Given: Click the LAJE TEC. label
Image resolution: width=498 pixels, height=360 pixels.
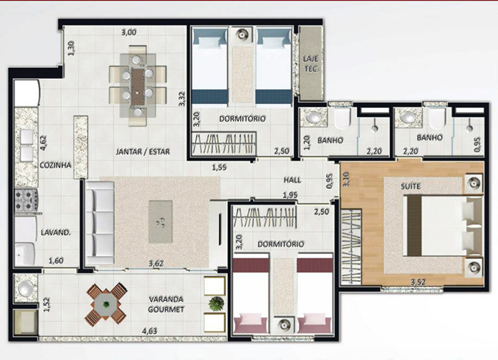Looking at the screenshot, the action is coord(311,64).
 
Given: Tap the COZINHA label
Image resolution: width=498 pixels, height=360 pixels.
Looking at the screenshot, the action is coord(55,165).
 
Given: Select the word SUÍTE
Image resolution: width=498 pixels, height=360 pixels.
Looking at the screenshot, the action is coord(410,186).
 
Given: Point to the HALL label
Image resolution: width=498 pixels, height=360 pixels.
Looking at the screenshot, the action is coord(292,180).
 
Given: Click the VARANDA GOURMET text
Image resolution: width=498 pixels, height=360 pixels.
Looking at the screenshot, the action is coord(166,305).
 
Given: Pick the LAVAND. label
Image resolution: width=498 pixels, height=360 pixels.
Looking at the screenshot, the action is coord(55,233).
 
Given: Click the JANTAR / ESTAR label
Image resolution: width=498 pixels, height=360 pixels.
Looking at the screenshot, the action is coord(142,152).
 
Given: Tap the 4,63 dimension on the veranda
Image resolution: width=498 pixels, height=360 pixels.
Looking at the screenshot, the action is coord(149,331).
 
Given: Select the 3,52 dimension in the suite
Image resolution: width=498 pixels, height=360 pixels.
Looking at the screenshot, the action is coord(418,282).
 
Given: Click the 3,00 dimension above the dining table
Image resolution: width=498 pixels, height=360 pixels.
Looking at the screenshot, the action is coord(129,32).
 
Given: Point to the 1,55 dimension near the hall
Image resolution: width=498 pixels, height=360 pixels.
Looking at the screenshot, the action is coord(219,167).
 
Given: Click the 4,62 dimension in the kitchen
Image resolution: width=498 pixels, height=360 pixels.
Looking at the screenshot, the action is coord(43,143).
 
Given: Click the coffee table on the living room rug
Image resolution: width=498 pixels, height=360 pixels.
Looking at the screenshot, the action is coord(160,222).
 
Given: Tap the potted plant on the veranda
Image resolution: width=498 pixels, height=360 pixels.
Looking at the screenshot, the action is coord(216,303).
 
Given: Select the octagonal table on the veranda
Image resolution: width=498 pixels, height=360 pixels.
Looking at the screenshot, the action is coord(105,305).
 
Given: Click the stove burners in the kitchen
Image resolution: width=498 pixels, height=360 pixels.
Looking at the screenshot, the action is coord(26,200).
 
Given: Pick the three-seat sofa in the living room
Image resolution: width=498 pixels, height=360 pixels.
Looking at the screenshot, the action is coord(100,223).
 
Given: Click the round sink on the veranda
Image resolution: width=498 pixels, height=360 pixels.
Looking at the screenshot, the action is coord(25,288).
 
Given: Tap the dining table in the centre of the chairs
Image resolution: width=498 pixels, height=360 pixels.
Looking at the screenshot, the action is coord(138,87).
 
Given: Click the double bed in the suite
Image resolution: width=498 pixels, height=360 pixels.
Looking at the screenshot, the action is coord(443,226).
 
